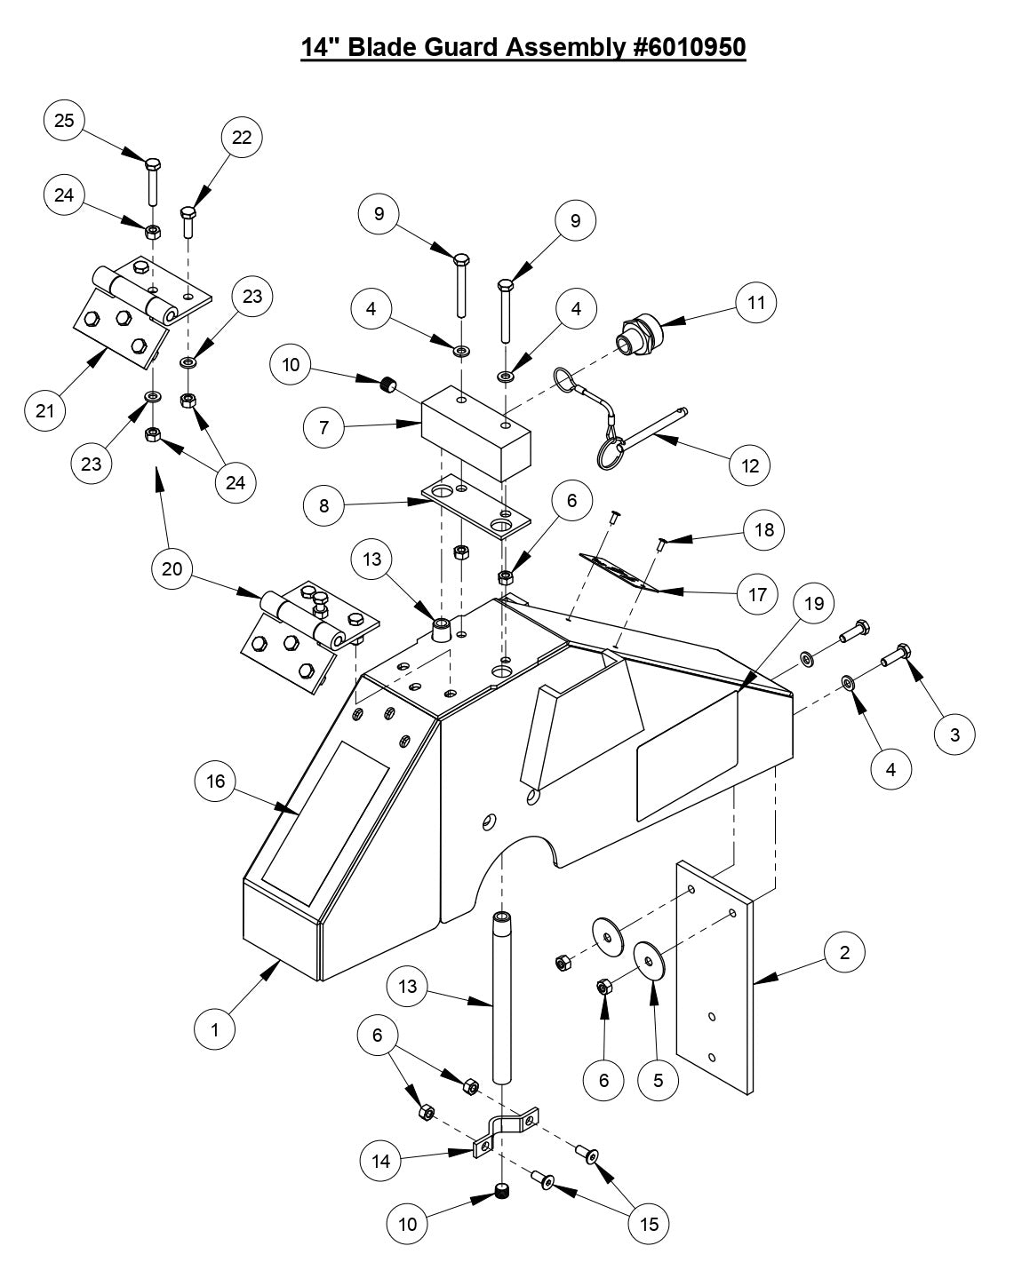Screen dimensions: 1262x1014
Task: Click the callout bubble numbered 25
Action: [x=64, y=120]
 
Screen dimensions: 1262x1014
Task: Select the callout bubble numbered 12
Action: [x=750, y=464]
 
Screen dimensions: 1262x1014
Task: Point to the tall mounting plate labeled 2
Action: [x=715, y=977]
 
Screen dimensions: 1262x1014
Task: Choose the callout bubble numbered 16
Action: [x=216, y=782]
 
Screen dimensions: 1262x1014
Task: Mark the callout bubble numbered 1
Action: [x=215, y=1029]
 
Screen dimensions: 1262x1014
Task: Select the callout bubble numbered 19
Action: [x=814, y=603]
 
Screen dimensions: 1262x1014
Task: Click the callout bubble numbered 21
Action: [x=45, y=410]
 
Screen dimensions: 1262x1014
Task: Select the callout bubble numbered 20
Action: [x=172, y=568]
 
